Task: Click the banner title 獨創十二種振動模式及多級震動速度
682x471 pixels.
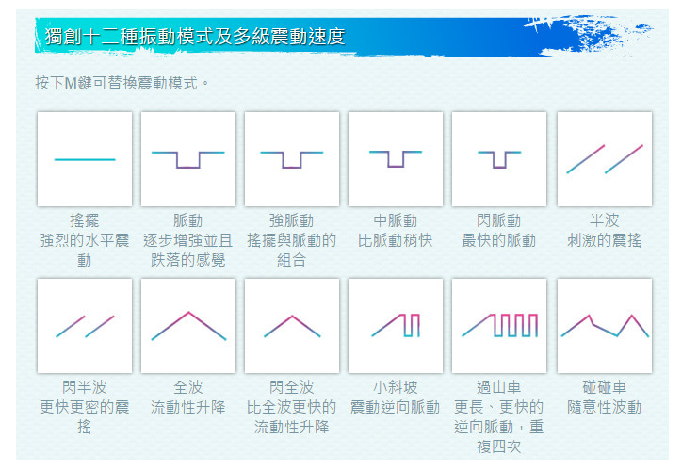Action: (x=195, y=36)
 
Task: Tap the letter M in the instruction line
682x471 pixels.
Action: (x=71, y=83)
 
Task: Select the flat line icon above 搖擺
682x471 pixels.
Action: (x=85, y=159)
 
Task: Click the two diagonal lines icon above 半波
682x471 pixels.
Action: (x=605, y=159)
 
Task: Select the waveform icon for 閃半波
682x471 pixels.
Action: (x=85, y=326)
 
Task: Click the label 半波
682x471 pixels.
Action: (x=605, y=220)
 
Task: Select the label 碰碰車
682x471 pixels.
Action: (x=605, y=387)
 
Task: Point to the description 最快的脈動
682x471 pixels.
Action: (x=499, y=240)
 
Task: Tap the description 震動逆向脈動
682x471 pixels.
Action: (x=395, y=407)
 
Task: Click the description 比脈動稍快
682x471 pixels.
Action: (x=395, y=240)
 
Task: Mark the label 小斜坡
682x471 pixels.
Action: (x=395, y=387)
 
